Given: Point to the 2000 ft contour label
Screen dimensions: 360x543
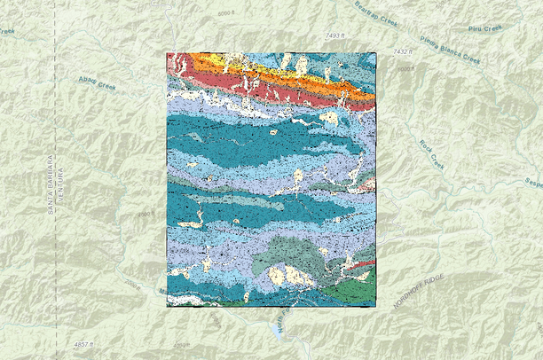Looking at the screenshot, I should (132, 284).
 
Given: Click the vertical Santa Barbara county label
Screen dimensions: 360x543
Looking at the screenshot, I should (50, 183).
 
